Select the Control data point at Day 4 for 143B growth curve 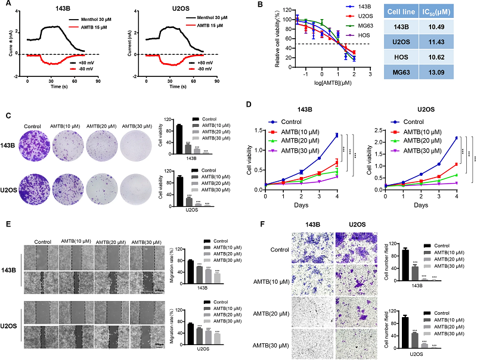[x=336, y=135]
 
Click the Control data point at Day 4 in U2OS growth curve [x=457, y=138]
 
